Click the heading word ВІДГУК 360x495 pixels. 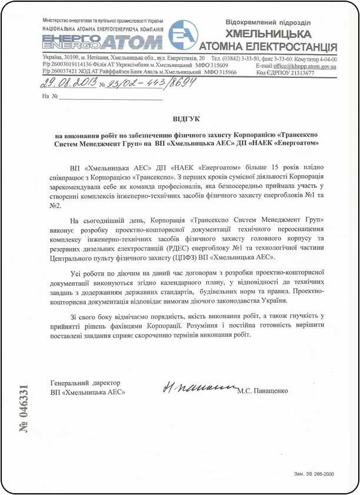pos(186,119)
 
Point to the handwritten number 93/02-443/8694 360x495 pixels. pos(150,83)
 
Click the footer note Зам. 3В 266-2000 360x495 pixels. pos(315,473)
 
